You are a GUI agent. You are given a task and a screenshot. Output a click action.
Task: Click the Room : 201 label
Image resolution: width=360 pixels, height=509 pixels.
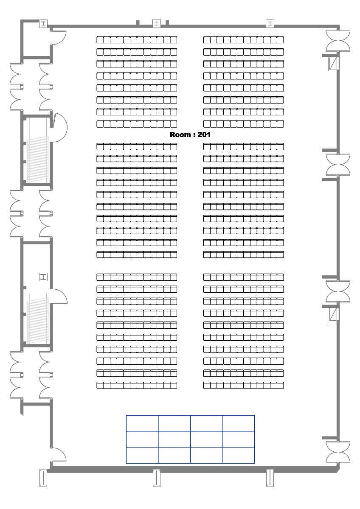(x=190, y=134)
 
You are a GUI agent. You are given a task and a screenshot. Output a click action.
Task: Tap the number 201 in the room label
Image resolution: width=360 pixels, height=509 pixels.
(x=204, y=134)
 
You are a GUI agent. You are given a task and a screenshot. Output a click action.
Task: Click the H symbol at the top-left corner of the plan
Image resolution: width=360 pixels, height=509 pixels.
(x=43, y=23)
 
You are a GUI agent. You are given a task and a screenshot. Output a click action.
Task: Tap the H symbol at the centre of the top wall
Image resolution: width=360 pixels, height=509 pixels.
(x=156, y=23)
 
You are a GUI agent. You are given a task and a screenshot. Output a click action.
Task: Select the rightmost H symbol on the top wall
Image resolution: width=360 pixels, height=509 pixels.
(x=270, y=23)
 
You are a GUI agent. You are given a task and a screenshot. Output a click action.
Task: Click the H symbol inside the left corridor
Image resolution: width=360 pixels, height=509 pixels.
(x=43, y=277)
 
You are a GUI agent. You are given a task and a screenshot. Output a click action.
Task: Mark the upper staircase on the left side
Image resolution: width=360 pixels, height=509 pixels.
(x=38, y=159)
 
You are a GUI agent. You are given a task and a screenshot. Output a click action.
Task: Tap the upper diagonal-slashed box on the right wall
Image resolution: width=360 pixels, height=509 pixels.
(x=334, y=64)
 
